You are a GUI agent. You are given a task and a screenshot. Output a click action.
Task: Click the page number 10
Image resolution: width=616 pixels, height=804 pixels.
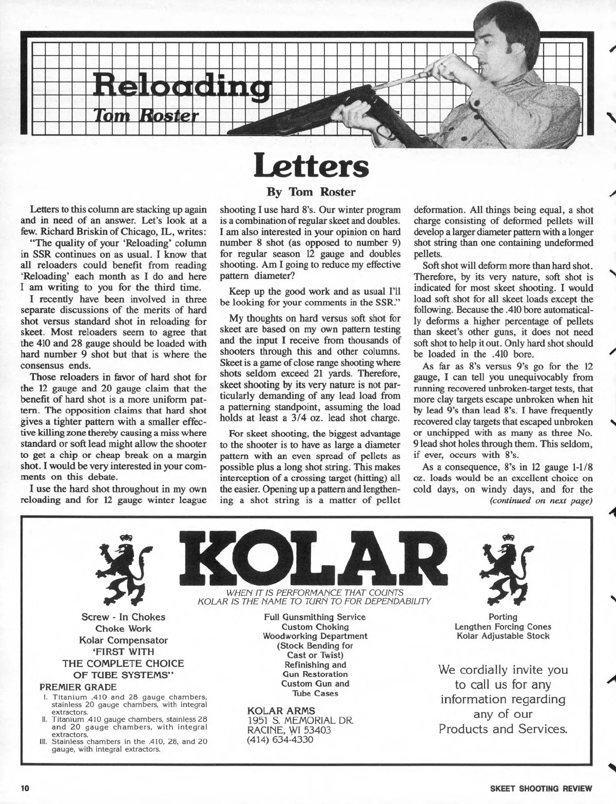(x=26, y=788)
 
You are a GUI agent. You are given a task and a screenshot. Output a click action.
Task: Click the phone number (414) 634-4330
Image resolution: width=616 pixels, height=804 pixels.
(x=280, y=740)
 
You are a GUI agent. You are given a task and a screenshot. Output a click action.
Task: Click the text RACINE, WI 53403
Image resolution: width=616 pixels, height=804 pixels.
(x=289, y=730)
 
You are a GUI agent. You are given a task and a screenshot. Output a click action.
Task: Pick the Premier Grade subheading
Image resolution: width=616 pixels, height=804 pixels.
(x=78, y=687)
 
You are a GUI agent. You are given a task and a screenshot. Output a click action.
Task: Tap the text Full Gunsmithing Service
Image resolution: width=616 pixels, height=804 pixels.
(x=315, y=617)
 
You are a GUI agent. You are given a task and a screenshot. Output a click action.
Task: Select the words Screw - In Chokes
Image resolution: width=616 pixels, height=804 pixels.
(x=123, y=617)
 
